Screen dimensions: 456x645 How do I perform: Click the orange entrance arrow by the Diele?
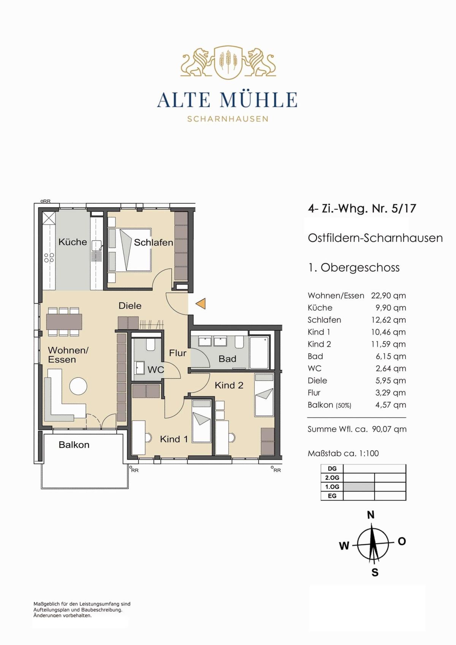pyautogui.click(x=201, y=303)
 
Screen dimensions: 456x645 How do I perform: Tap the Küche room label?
pyautogui.click(x=73, y=242)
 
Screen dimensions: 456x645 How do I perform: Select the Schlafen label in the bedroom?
pyautogui.click(x=154, y=242)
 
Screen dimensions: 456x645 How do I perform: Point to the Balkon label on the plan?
pyautogui.click(x=74, y=445)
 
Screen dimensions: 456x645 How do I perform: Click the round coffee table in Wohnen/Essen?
pyautogui.click(x=78, y=386)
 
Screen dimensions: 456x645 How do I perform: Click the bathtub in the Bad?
pyautogui.click(x=260, y=353)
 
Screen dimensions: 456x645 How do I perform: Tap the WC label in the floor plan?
pyautogui.click(x=156, y=370)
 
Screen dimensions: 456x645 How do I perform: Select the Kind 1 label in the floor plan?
pyautogui.click(x=174, y=439)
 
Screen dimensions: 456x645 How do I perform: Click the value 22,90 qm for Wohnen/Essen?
pyautogui.click(x=388, y=296)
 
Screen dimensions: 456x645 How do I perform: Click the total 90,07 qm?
pyautogui.click(x=389, y=429)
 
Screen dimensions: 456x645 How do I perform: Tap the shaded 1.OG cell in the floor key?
pyautogui.click(x=359, y=487)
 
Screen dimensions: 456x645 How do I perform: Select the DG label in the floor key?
pyautogui.click(x=332, y=469)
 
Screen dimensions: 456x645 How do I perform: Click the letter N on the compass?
pyautogui.click(x=371, y=515)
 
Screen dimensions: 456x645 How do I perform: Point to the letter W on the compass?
pyautogui.click(x=344, y=545)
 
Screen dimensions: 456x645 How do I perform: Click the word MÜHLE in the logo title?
pyautogui.click(x=258, y=100)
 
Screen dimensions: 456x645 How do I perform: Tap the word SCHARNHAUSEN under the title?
pyautogui.click(x=228, y=119)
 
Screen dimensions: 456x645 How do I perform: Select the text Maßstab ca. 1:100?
pyautogui.click(x=343, y=453)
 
